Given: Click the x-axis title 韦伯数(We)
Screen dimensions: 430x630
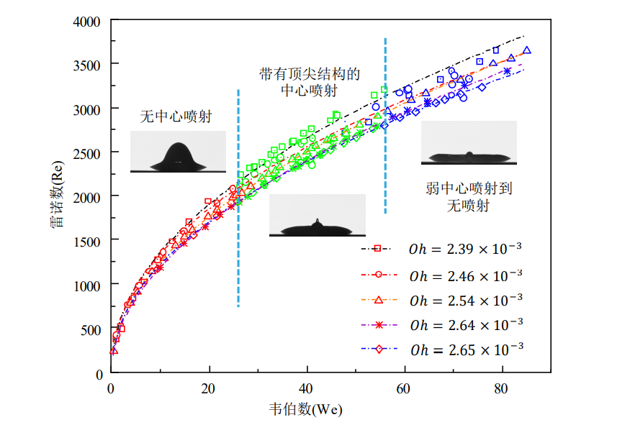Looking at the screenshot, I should tap(306, 409).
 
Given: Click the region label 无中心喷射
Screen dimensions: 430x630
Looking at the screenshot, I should tap(176, 117).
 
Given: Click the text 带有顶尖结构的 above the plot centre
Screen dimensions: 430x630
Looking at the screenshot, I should tap(310, 74).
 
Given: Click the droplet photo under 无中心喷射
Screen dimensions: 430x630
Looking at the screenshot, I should tap(178, 152).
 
